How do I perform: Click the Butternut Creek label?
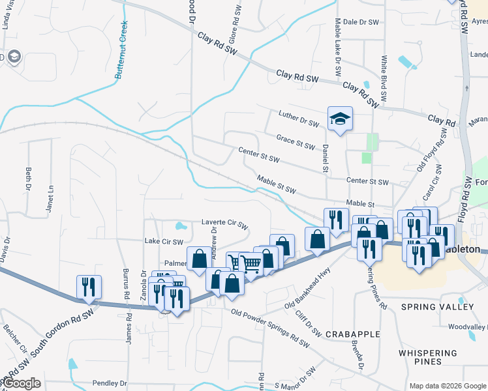coord(122,50)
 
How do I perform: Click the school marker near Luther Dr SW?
coord(339,119)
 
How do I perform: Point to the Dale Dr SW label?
coord(361,22)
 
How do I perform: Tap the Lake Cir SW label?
coord(163,241)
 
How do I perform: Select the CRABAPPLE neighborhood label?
coord(352,334)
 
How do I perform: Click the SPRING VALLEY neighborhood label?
coord(437,307)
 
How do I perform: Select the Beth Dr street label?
coord(28,176)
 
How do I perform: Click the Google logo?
coord(22,383)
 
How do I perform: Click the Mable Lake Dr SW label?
coord(339,59)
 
